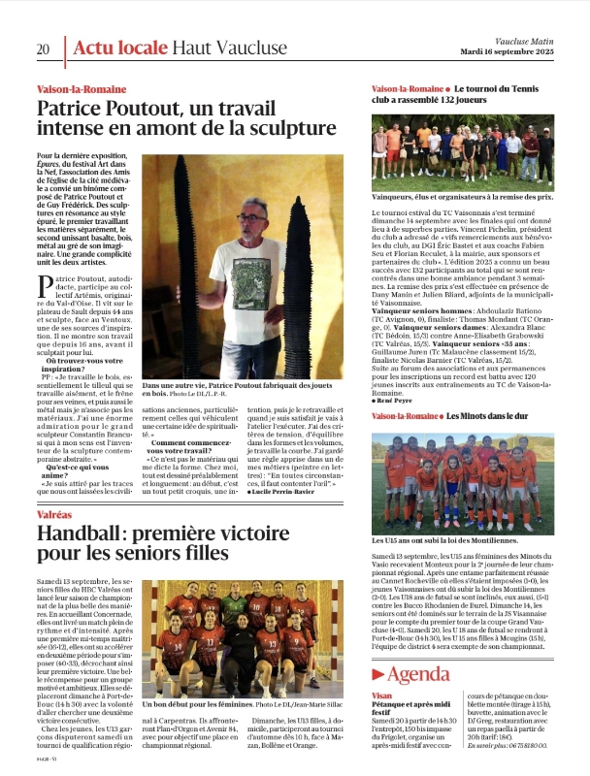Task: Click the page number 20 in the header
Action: pos(44,48)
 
